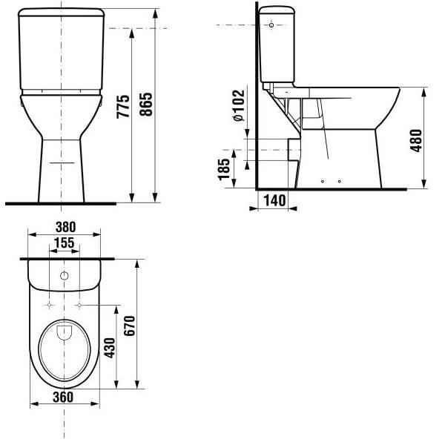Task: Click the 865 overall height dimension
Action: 146,104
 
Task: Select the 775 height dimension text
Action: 123,106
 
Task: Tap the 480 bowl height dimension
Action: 417,140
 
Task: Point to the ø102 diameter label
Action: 239,105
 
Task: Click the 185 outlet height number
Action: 224,169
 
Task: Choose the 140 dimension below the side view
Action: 274,200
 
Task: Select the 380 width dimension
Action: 66,227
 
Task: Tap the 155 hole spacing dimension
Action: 65,243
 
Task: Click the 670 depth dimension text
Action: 129,326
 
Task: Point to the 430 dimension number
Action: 110,348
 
